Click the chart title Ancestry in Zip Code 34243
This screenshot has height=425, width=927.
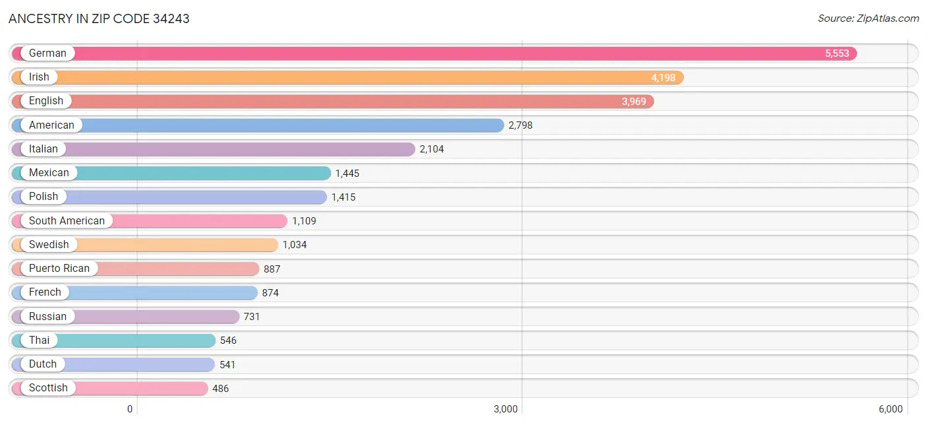coord(99,18)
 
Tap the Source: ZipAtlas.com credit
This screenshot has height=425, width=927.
coord(868,18)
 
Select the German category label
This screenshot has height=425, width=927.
coord(47,53)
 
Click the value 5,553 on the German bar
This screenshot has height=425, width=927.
coord(837,53)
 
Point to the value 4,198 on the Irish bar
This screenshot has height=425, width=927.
coord(663,78)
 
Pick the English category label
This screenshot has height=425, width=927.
coord(46,101)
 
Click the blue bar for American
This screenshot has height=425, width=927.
coord(290,125)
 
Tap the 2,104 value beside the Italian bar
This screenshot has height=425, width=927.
coord(432,149)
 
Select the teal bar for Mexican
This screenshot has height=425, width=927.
coord(198,173)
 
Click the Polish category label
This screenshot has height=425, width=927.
coord(44,197)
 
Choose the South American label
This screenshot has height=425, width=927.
coord(67,221)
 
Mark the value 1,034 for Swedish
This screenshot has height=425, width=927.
coord(295,245)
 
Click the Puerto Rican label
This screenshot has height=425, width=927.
coord(59,269)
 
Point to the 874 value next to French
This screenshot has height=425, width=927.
coord(270,293)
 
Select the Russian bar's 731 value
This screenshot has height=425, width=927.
coord(252,317)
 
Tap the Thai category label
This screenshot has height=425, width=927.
coord(39,341)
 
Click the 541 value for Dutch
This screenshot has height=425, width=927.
coord(227,364)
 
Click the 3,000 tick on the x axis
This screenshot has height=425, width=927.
coord(506,409)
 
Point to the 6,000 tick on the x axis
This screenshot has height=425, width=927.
coord(890,409)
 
